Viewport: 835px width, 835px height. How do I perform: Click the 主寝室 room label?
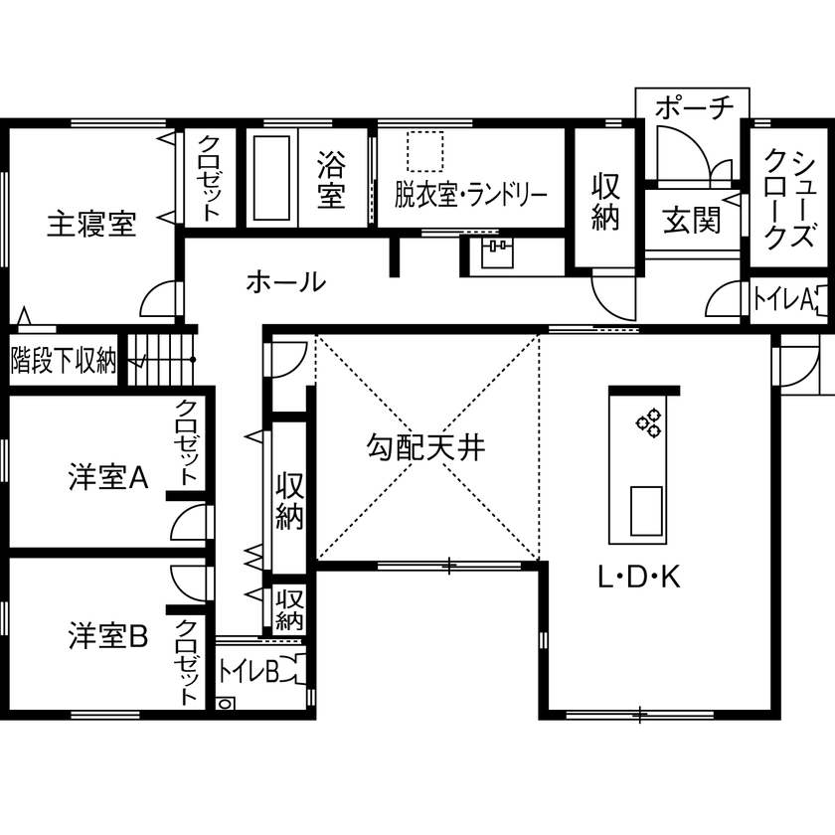click(x=91, y=225)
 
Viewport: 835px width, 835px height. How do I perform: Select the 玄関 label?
click(x=692, y=220)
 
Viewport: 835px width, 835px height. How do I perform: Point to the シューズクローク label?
click(x=791, y=199)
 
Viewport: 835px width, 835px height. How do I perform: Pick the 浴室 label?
click(x=331, y=179)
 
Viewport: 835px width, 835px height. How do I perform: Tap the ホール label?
click(x=285, y=282)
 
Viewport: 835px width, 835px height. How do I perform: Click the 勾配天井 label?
click(x=424, y=449)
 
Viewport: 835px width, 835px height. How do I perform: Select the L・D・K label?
click(x=639, y=578)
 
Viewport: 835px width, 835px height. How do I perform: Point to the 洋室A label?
click(x=108, y=478)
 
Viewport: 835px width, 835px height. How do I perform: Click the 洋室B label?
click(x=108, y=634)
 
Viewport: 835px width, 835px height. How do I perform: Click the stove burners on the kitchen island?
click(x=648, y=422)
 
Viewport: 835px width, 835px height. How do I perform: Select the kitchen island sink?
click(x=646, y=510)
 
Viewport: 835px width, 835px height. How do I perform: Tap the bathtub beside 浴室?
click(x=270, y=179)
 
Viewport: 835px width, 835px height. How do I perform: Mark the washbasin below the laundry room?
click(x=495, y=254)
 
